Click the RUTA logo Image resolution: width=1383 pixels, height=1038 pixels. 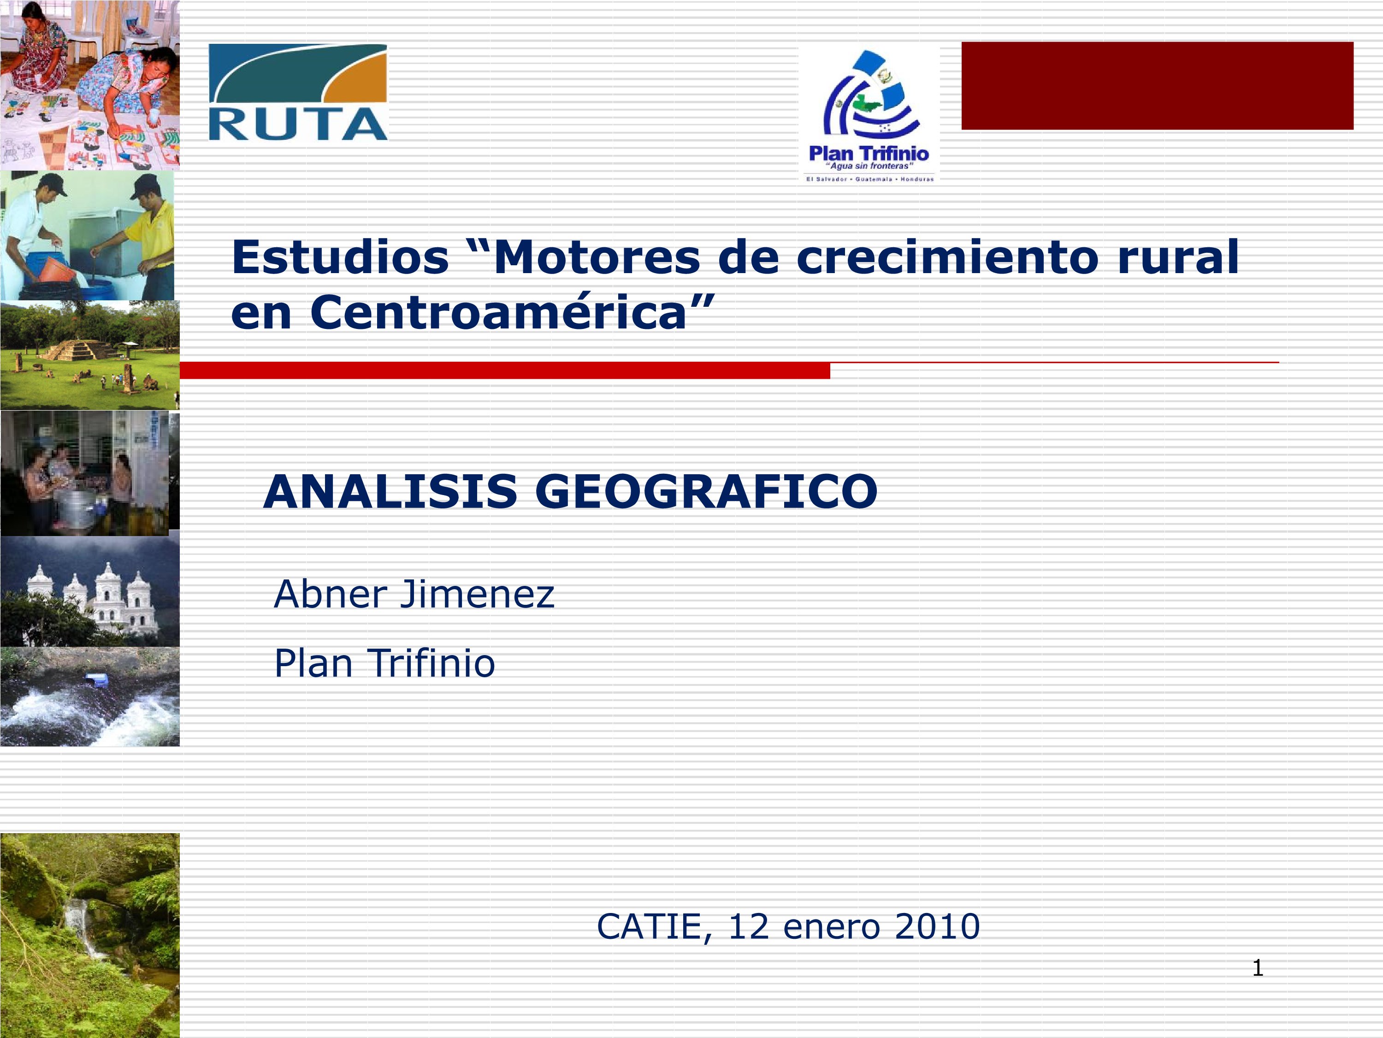pyautogui.click(x=298, y=92)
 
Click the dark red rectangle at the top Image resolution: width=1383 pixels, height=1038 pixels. pyautogui.click(x=1157, y=86)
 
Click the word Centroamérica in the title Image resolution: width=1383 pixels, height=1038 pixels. pyautogui.click(x=498, y=312)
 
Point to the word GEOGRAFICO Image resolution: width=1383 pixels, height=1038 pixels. pyautogui.click(x=707, y=492)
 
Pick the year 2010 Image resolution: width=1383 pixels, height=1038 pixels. pyautogui.click(x=937, y=927)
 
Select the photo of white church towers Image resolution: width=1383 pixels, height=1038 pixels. pyautogui.click(x=90, y=591)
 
